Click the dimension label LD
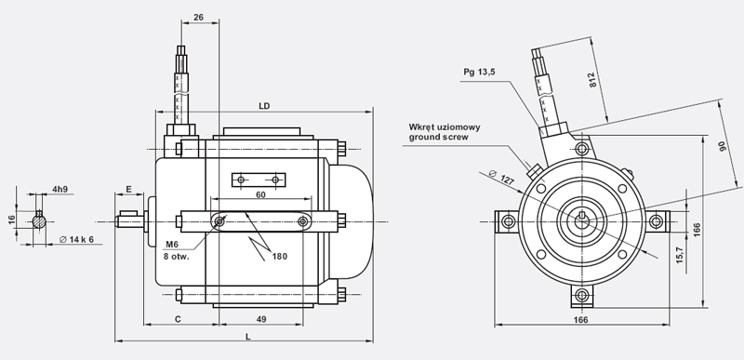pos(264,106)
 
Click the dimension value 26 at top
pos(199,17)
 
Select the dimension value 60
pos(260,194)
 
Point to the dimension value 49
pos(261,319)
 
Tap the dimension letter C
pos(178,319)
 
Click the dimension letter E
pos(128,189)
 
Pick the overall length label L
pos(247,337)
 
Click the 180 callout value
pos(280,256)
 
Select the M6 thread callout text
pos(172,245)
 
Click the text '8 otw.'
pos(177,257)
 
